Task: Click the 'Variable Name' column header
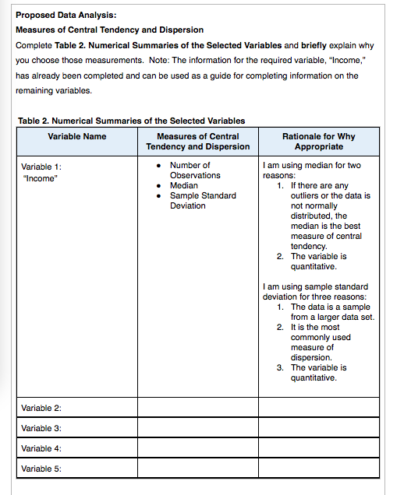click(x=76, y=136)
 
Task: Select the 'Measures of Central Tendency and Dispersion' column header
click(x=197, y=141)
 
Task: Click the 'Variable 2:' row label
click(x=41, y=408)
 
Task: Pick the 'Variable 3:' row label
click(x=41, y=428)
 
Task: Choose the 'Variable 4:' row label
click(x=41, y=448)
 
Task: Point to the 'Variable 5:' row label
click(x=41, y=469)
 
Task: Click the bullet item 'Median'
click(x=184, y=186)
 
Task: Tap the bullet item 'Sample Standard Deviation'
click(x=202, y=201)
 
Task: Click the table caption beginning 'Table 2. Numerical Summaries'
click(x=130, y=121)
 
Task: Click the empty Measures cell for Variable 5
click(x=197, y=469)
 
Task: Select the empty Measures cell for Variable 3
click(x=197, y=428)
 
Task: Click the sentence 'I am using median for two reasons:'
click(x=312, y=170)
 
